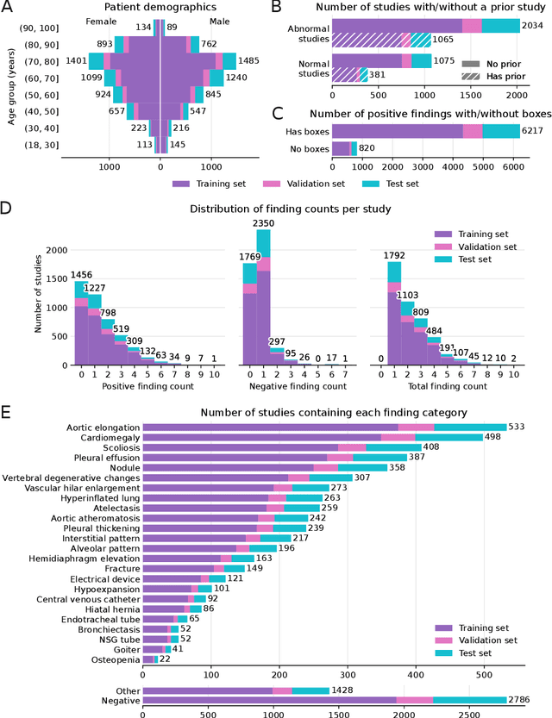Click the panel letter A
tap(8, 9)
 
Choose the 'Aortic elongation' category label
tap(102, 427)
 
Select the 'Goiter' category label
tap(123, 648)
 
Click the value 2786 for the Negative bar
tap(524, 701)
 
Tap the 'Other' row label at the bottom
tap(126, 690)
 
